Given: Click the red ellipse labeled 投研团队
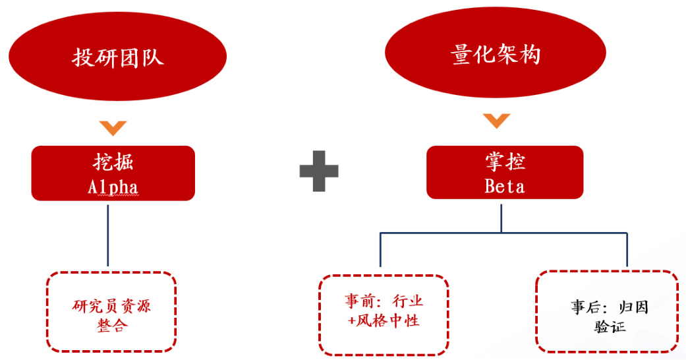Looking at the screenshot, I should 117,57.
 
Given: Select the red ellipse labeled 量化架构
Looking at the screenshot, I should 496,54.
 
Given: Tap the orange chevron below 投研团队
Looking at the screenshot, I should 113,127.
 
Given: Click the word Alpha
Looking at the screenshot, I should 113,187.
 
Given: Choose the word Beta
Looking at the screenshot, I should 505,186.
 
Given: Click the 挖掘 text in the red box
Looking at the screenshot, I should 113,163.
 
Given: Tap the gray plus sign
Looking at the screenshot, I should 319,171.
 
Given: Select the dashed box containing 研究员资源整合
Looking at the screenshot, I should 111,311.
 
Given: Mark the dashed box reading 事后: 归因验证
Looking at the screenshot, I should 607,311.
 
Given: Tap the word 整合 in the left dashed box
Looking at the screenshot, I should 111,326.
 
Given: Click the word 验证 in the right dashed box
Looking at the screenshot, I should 610,326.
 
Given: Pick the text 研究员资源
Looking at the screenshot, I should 111,307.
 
